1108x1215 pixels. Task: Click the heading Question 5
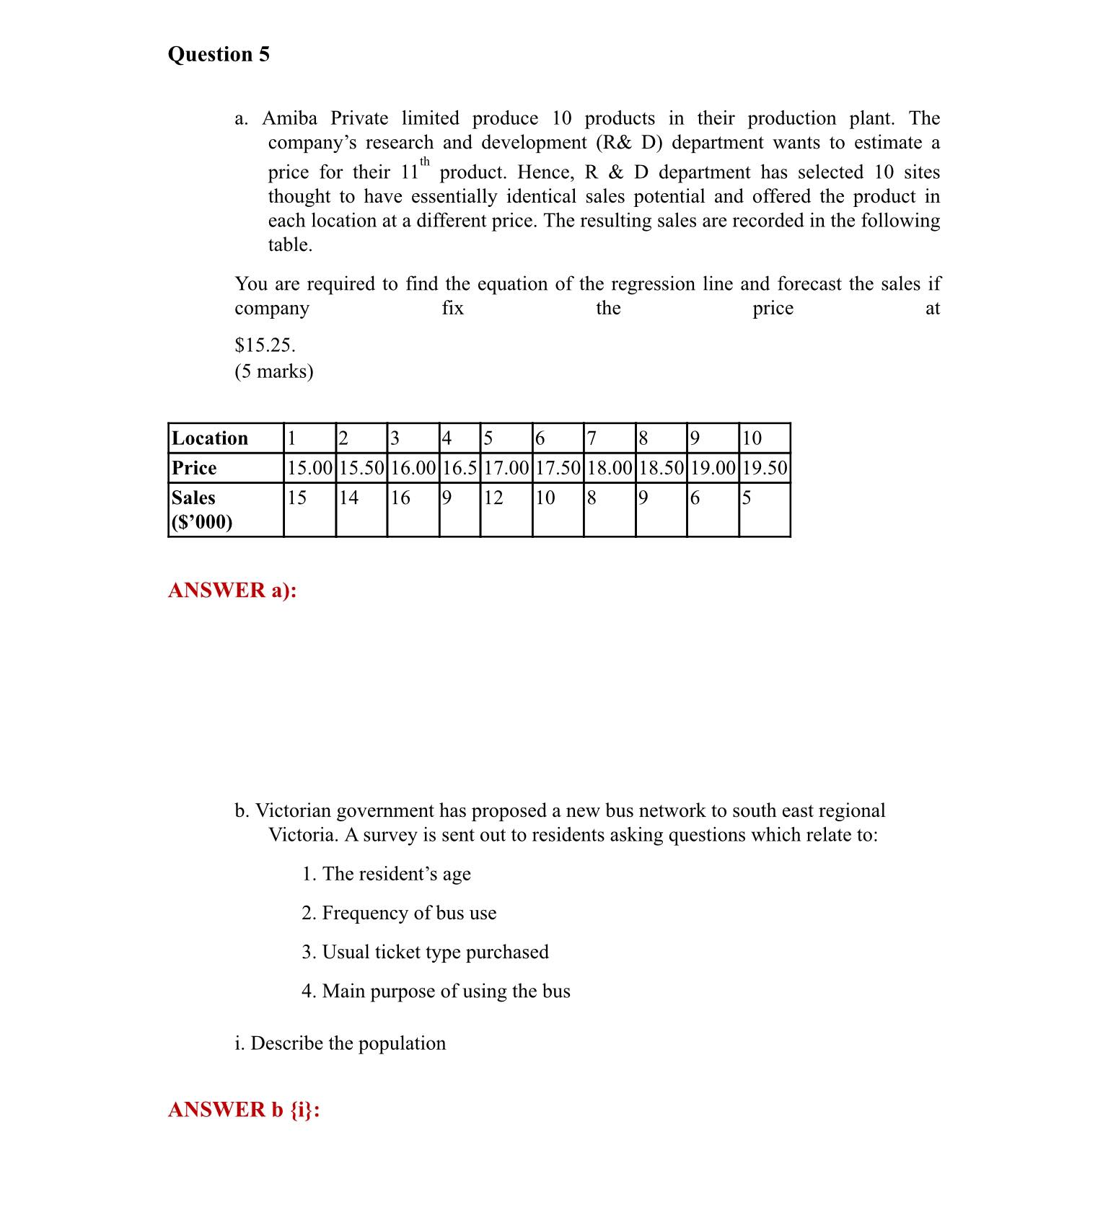pyautogui.click(x=219, y=55)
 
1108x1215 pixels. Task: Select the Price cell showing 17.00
pyautogui.click(x=506, y=468)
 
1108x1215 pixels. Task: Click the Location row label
pyautogui.click(x=209, y=438)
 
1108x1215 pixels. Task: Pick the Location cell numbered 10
pyautogui.click(x=752, y=438)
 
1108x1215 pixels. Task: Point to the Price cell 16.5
pyautogui.click(x=460, y=468)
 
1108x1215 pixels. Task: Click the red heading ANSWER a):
pyautogui.click(x=232, y=590)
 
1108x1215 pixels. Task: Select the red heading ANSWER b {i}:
pyautogui.click(x=244, y=1109)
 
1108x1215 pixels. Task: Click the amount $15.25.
pyautogui.click(x=265, y=345)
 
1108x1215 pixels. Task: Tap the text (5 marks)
pyautogui.click(x=274, y=371)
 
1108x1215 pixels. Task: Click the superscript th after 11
pyautogui.click(x=425, y=162)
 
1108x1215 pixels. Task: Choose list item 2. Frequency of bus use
pyautogui.click(x=399, y=913)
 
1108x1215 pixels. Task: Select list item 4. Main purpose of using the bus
pyautogui.click(x=436, y=991)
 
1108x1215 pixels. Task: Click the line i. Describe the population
pyautogui.click(x=340, y=1043)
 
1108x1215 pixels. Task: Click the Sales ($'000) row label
pyautogui.click(x=202, y=509)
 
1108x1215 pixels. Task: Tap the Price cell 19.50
pyautogui.click(x=764, y=468)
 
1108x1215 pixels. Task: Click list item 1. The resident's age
pyautogui.click(x=386, y=874)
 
